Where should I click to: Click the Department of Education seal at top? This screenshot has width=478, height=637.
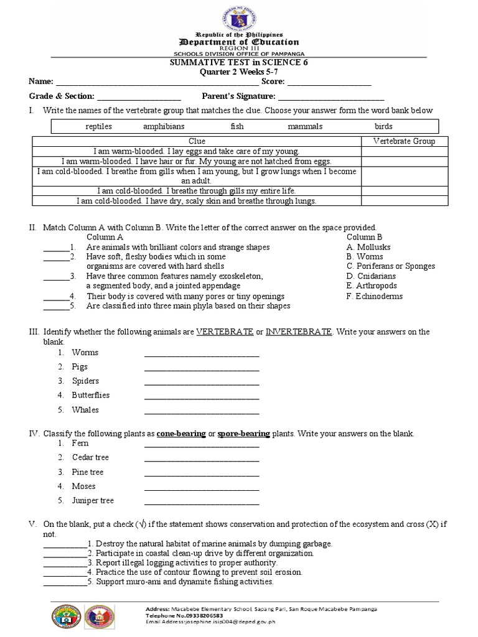(x=239, y=15)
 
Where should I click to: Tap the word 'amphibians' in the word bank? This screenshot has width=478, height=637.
(x=164, y=126)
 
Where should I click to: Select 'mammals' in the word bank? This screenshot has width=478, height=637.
(x=305, y=126)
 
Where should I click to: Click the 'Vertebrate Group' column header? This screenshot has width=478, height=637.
(x=404, y=141)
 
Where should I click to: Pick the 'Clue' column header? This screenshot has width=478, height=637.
(x=197, y=141)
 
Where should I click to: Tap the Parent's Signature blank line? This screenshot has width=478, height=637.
(x=330, y=97)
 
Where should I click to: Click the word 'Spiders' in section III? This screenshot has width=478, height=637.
(x=85, y=381)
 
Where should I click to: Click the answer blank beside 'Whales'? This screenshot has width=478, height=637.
(x=202, y=411)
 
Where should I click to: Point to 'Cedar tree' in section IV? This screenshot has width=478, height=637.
(x=90, y=457)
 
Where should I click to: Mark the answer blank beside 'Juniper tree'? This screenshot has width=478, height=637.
(x=202, y=501)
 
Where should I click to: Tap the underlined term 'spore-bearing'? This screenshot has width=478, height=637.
(x=244, y=434)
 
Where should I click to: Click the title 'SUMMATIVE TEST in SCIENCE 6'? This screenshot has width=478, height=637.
(x=239, y=63)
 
